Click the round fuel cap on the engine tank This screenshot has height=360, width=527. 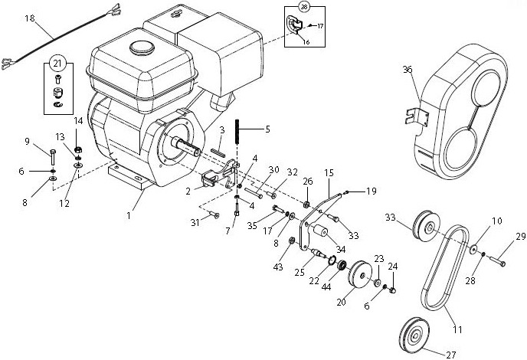point(141,47)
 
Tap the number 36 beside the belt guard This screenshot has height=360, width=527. point(407,69)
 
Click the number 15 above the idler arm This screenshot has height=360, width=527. point(329,173)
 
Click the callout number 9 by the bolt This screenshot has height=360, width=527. point(47,141)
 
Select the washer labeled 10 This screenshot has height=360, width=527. point(475,249)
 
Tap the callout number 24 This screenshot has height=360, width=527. point(394,266)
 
